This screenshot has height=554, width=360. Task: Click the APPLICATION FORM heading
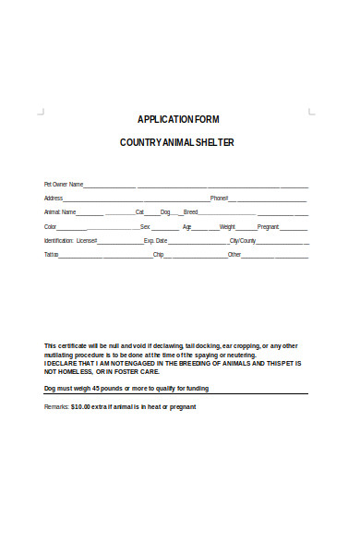pyautogui.click(x=178, y=120)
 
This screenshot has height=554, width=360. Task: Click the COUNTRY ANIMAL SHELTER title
pyautogui.click(x=178, y=142)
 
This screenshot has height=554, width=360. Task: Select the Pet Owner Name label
pyautogui.click(x=64, y=184)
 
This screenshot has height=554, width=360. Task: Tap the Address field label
pyautogui.click(x=54, y=198)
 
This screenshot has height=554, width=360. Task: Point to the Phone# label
pyautogui.click(x=219, y=198)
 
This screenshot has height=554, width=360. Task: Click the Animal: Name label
pyautogui.click(x=60, y=211)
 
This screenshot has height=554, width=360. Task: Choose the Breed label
pyautogui.click(x=191, y=211)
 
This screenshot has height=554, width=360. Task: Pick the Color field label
pyautogui.click(x=51, y=226)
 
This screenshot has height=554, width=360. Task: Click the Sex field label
pyautogui.click(x=145, y=226)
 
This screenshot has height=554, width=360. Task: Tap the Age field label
pyautogui.click(x=186, y=226)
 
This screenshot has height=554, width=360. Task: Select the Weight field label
pyautogui.click(x=227, y=226)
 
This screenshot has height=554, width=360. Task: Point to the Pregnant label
pyautogui.click(x=268, y=226)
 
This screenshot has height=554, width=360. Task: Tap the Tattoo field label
pyautogui.click(x=52, y=254)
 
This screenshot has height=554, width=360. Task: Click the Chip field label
pyautogui.click(x=158, y=254)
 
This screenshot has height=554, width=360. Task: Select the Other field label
pyautogui.click(x=234, y=254)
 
